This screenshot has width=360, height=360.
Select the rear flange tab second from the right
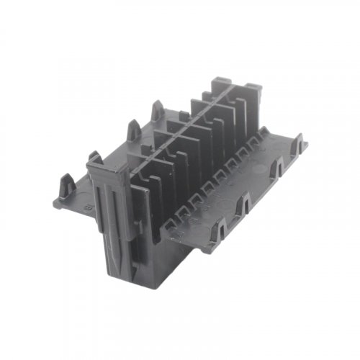click(x=133, y=130)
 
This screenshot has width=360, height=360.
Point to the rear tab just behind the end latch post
click(x=94, y=156)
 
